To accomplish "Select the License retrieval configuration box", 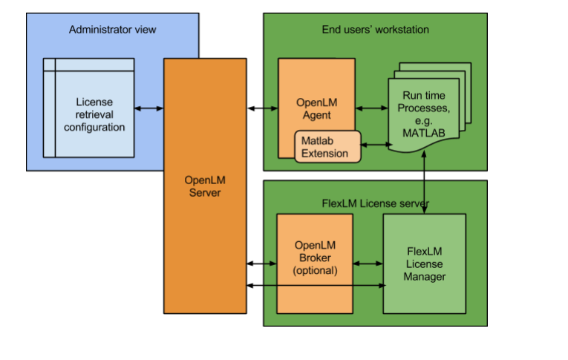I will (88, 108).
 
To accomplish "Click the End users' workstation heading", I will (375, 30).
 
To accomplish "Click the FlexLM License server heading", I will (375, 203).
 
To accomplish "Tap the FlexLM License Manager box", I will (424, 264).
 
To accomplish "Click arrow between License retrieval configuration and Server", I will (149, 108).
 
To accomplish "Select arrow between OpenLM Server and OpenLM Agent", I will (262, 108).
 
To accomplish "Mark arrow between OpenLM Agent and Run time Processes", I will (371, 108).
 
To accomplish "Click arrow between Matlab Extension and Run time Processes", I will (376, 144).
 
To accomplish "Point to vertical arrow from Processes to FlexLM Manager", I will (425, 186).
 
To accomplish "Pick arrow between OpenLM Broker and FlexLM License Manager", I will (368, 263).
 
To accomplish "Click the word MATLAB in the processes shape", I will (426, 132).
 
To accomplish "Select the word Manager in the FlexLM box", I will (425, 277).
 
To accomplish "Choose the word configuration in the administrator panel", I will (94, 127).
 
